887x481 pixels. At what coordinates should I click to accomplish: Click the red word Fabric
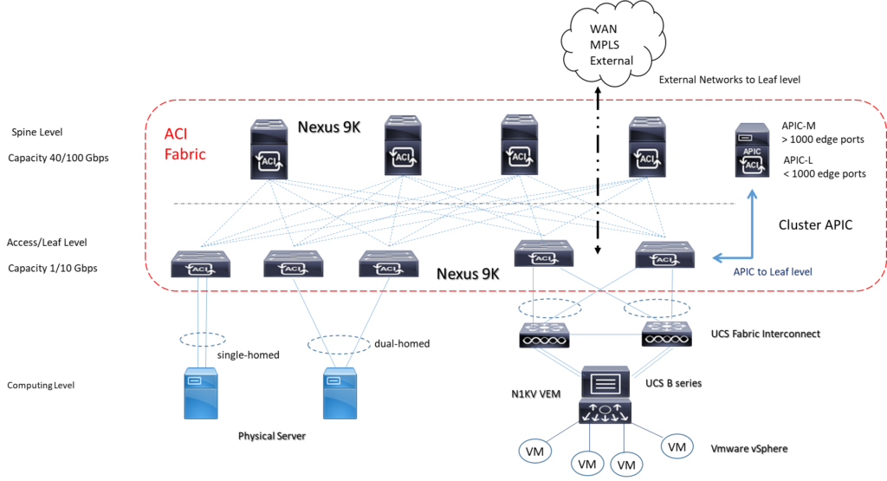point(185,153)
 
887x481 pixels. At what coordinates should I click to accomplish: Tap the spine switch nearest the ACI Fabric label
point(269,150)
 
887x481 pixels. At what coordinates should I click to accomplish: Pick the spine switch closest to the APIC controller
point(646,148)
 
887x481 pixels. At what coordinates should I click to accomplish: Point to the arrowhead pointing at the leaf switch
point(715,257)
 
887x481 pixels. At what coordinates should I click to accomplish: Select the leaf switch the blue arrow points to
point(664,255)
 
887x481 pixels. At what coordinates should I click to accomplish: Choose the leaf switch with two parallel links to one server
point(200,263)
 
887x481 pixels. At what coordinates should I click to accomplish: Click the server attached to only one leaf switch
point(201,393)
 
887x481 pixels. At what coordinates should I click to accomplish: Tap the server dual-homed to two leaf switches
point(340,393)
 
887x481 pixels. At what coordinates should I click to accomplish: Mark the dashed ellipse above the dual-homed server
point(339,345)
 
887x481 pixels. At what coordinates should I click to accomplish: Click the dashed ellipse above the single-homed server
point(202,339)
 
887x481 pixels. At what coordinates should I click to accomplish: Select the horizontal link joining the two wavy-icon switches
point(605,335)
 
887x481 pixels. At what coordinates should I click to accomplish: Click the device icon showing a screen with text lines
point(605,380)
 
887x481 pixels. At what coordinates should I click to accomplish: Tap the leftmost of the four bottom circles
point(535,451)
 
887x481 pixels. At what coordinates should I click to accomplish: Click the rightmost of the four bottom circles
point(677,445)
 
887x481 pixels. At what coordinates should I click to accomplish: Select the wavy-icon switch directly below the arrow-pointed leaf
point(666,335)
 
